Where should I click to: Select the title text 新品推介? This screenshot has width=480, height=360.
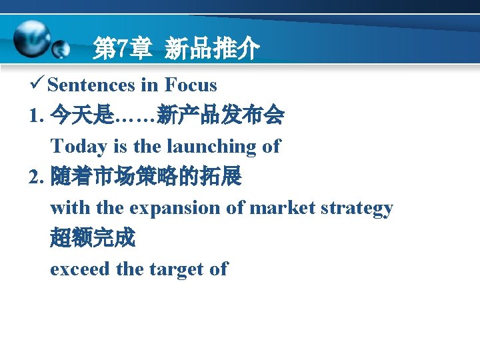(211, 49)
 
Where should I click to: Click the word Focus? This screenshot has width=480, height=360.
(191, 85)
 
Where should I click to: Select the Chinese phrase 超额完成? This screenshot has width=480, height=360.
(92, 239)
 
